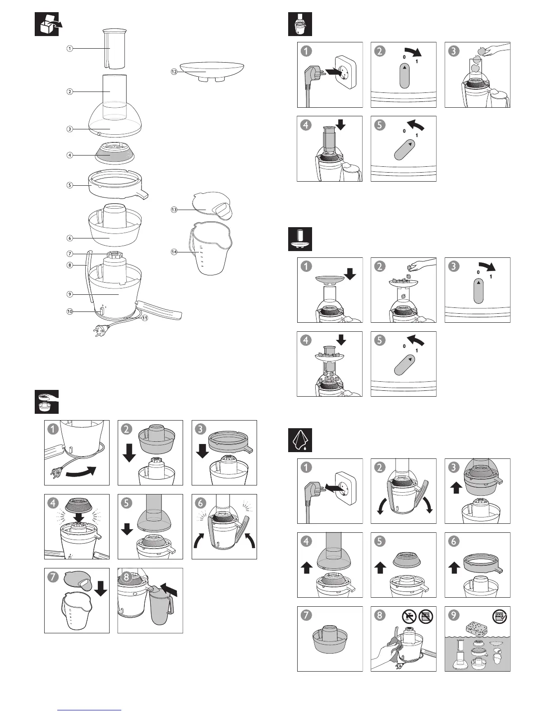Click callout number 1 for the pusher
pyautogui.click(x=69, y=48)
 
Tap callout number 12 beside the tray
pyautogui.click(x=174, y=72)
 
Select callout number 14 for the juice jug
pyautogui.click(x=174, y=252)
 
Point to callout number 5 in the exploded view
pyautogui.click(x=69, y=185)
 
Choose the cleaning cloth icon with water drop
pyautogui.click(x=300, y=440)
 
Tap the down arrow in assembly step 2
pyautogui.click(x=129, y=452)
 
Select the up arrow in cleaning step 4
pyautogui.click(x=307, y=567)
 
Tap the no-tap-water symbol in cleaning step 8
pyautogui.click(x=409, y=617)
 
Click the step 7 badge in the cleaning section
pyautogui.click(x=306, y=615)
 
